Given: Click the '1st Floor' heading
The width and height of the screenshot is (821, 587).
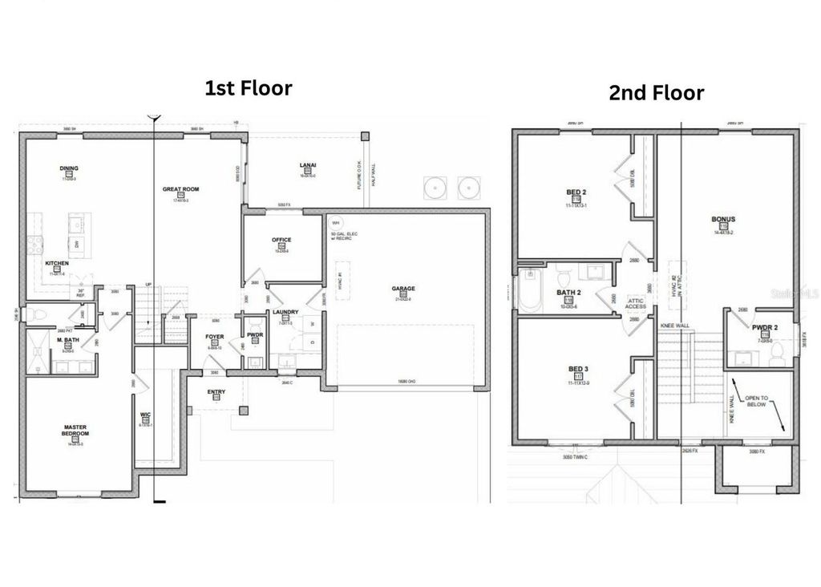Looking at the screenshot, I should tap(248, 87).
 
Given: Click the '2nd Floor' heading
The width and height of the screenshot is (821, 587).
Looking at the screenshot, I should tap(656, 93).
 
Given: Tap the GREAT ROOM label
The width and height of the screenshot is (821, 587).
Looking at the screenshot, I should tap(180, 190).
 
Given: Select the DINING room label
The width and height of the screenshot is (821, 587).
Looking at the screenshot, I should tap(69, 168).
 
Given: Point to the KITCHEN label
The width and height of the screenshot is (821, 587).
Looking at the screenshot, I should tap(56, 264).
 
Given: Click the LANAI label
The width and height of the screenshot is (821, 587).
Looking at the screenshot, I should tap(307, 165).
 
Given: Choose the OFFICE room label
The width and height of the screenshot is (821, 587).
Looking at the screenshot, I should tap(281, 240).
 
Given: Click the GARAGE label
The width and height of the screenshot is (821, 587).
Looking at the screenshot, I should tap(403, 289).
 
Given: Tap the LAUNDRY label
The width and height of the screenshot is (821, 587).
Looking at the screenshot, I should tap(285, 312).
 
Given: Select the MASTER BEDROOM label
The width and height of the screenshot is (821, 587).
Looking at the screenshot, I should tap(75, 430).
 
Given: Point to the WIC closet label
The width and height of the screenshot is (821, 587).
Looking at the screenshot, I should tap(145, 415).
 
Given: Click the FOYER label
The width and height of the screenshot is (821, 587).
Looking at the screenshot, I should tap(215, 337).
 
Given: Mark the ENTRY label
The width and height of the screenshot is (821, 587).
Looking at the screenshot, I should tap(216, 392).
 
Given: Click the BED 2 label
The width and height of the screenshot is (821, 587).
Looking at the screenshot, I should tap(576, 193).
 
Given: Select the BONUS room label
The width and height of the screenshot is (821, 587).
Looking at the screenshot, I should tap(723, 219).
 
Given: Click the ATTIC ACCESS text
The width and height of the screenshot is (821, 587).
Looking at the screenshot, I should tap(636, 303).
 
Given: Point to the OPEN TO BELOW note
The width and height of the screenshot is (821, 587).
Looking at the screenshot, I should tap(755, 401).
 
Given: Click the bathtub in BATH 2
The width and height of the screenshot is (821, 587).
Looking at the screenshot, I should tap(528, 291).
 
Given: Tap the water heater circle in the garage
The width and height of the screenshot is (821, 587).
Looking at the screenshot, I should tap(335, 224).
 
